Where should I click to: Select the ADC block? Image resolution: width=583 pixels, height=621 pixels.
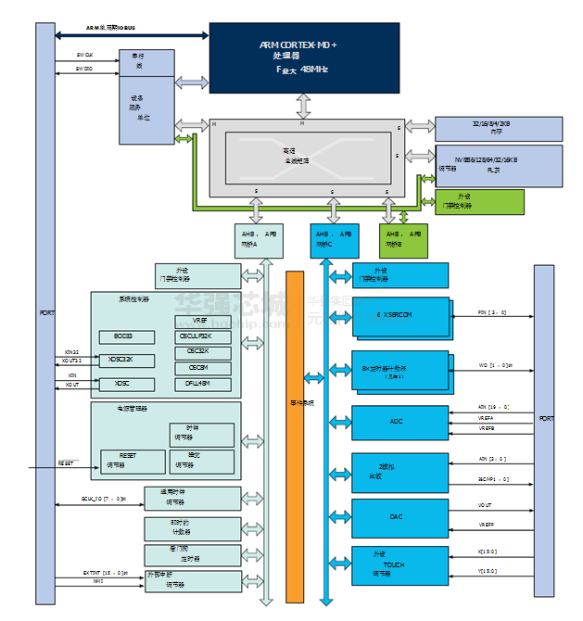(396, 423)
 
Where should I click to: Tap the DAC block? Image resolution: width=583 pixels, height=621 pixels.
(396, 517)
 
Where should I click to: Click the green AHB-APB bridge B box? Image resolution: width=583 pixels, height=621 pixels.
(404, 240)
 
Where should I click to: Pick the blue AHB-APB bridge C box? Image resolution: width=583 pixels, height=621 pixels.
(333, 240)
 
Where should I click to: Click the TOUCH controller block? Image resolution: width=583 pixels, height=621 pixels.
(396, 565)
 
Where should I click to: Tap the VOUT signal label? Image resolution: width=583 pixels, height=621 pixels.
(484, 505)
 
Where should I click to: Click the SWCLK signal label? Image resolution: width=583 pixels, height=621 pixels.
(84, 56)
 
